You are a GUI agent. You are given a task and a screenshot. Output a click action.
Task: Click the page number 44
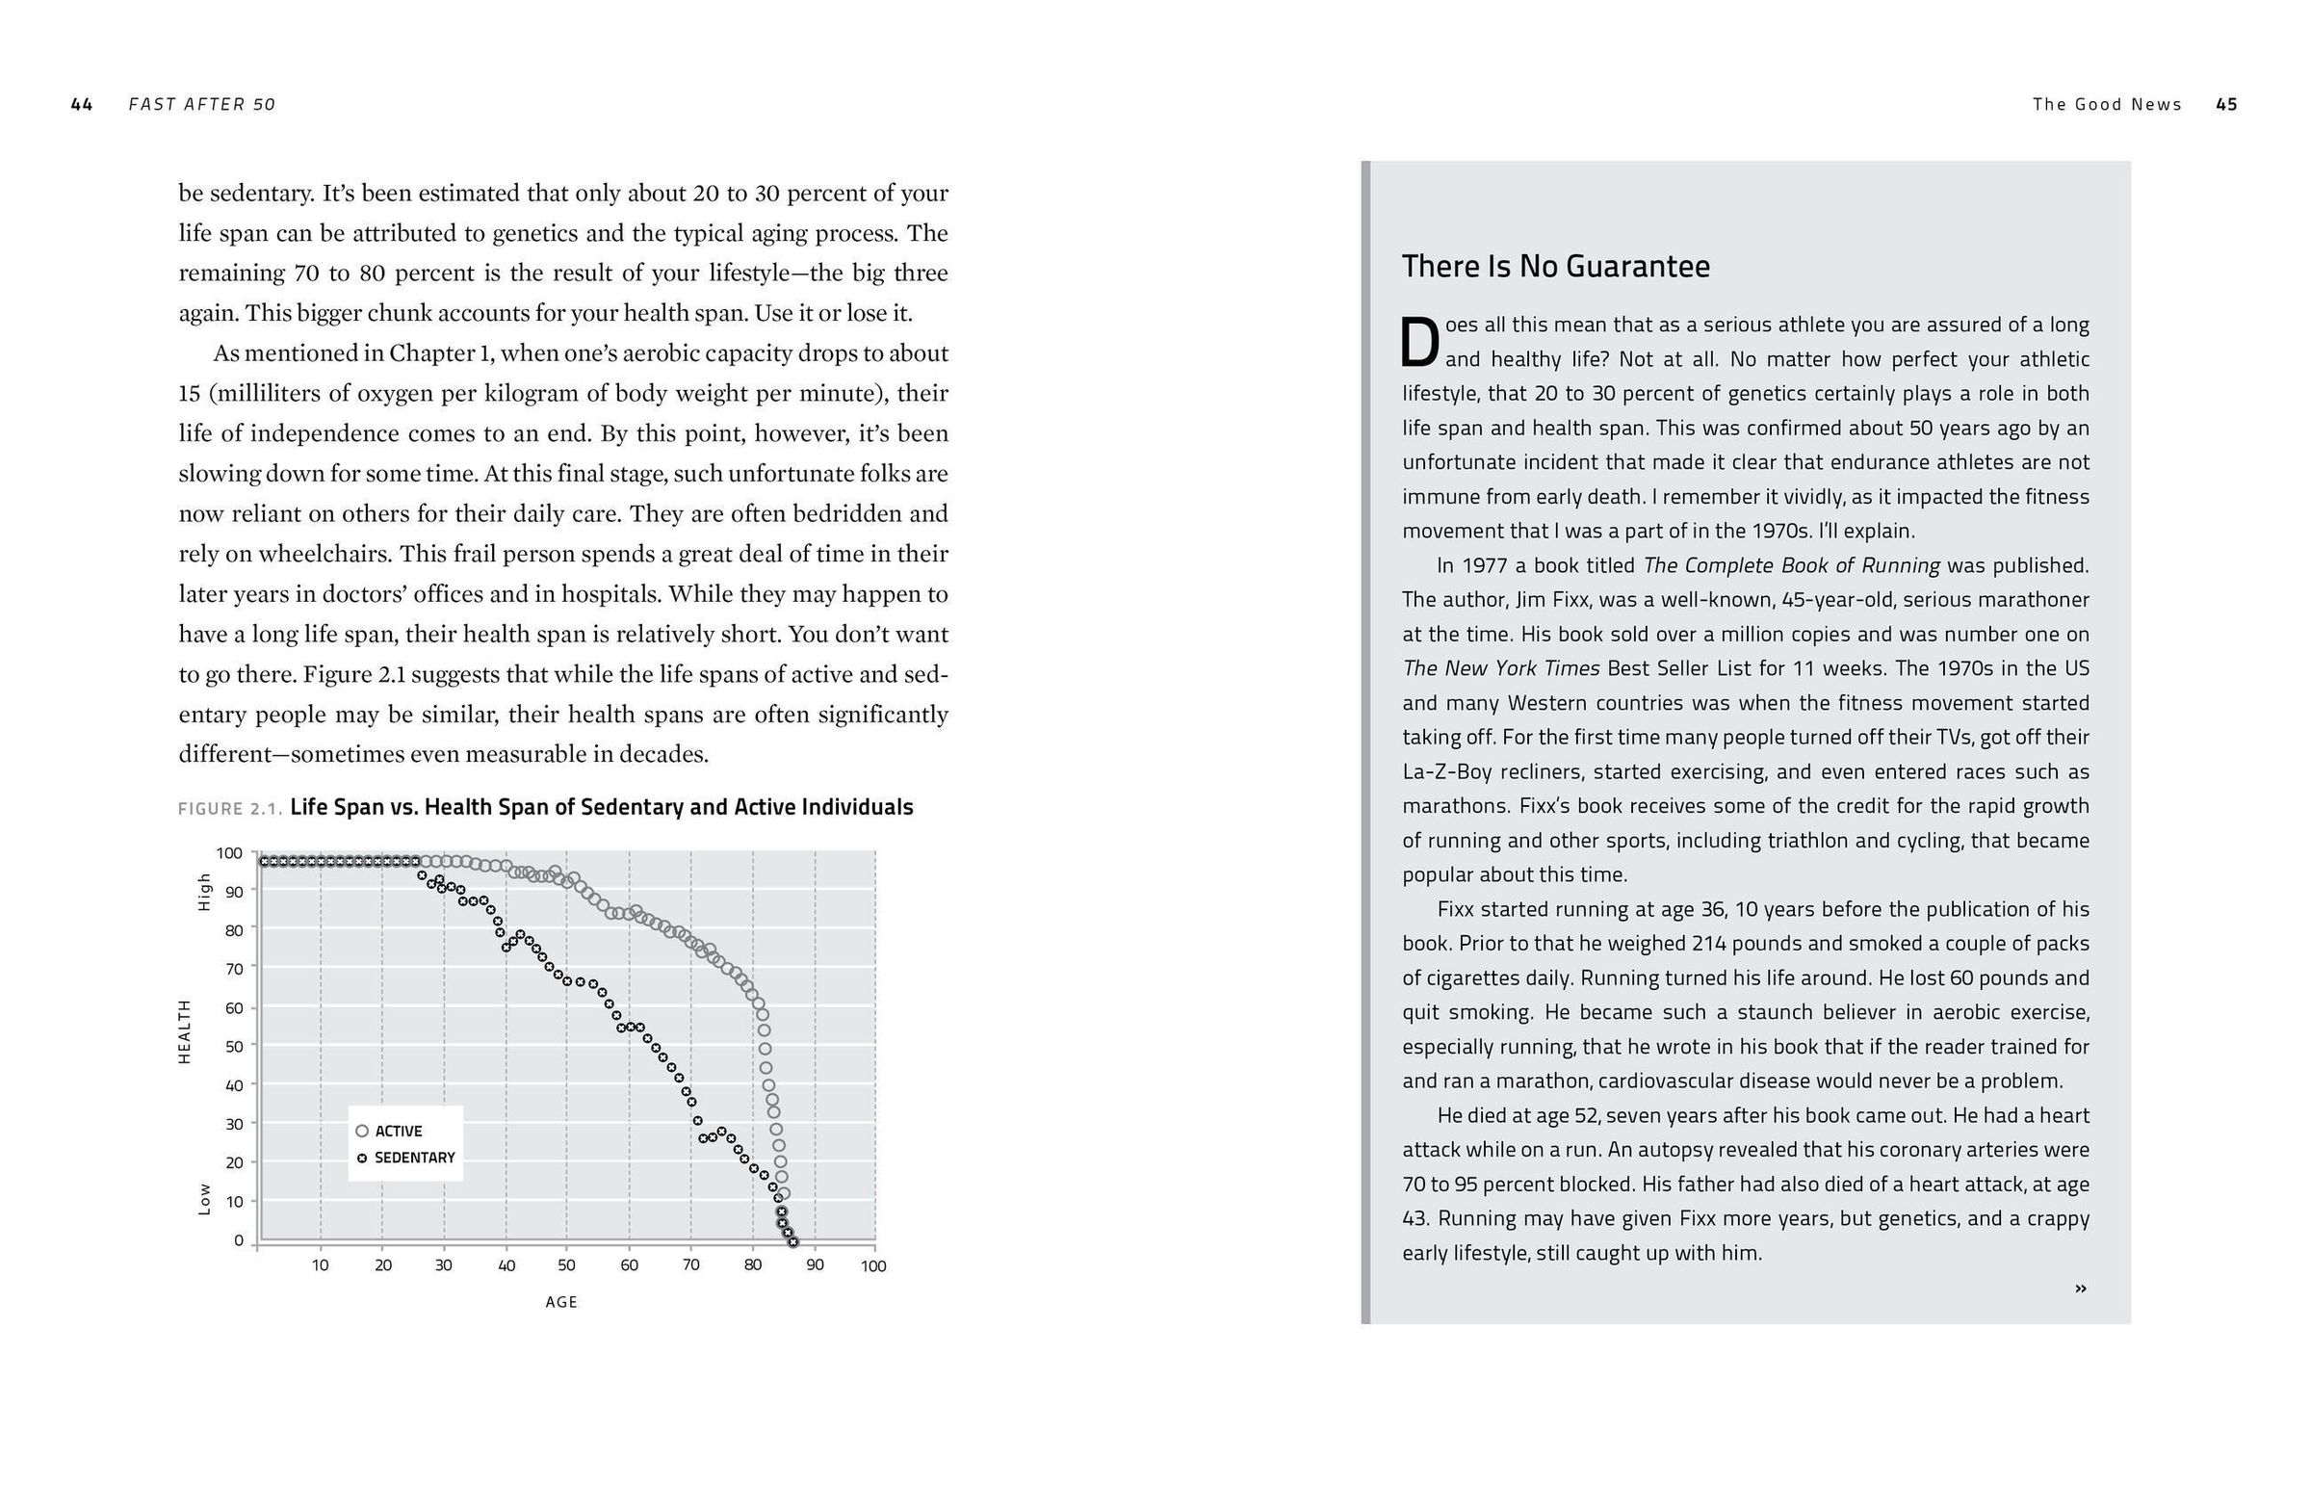(82, 104)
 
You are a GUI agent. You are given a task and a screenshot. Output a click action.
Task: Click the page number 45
(2226, 104)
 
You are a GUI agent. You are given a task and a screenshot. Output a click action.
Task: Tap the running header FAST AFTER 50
(202, 104)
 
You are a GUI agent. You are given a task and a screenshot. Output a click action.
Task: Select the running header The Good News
(2107, 104)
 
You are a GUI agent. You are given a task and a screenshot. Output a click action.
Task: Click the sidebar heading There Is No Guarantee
(1555, 266)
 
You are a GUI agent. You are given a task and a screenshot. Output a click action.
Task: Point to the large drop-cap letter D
(1419, 343)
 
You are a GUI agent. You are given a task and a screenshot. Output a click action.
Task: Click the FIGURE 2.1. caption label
(230, 808)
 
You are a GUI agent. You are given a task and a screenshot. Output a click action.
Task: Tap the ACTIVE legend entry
(390, 1132)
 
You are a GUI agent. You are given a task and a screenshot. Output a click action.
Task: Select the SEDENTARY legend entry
(406, 1158)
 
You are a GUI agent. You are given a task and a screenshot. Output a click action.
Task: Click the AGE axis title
(561, 1302)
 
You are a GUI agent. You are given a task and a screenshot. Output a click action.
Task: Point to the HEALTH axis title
(184, 1031)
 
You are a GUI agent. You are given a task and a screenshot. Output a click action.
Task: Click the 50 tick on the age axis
(567, 1265)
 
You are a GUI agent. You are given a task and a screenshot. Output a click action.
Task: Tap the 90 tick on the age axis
(815, 1265)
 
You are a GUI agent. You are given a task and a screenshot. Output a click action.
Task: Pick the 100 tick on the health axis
(229, 853)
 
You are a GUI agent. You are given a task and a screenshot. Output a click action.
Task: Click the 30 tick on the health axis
(233, 1125)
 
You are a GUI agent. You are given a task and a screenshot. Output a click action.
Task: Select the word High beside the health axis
(204, 892)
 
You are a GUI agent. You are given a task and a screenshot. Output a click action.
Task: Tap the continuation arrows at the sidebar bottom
(2081, 1289)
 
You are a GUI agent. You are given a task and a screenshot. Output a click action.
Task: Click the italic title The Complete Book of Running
(1791, 565)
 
